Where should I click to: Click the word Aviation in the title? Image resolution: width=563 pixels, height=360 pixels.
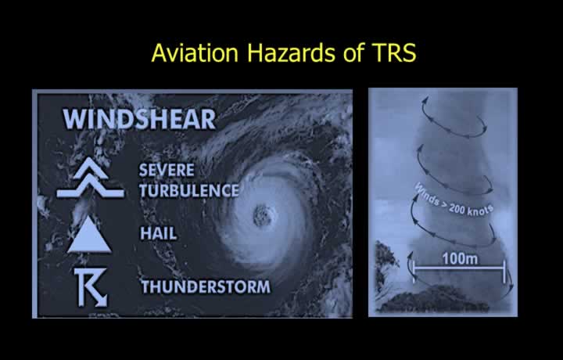tap(195, 52)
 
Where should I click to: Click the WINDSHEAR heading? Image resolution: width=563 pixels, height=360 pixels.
tap(139, 119)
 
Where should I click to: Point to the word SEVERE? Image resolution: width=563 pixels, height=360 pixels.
tap(167, 170)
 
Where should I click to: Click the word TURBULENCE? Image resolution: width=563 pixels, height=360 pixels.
tap(189, 190)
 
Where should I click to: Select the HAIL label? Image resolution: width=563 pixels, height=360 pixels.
tap(158, 233)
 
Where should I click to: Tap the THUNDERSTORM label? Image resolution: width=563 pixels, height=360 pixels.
tap(206, 286)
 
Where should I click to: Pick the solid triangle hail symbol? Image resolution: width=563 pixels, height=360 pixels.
tap(89, 236)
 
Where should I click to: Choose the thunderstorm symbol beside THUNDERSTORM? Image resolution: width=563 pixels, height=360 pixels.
tap(91, 287)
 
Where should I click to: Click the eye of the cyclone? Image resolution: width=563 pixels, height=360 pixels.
tap(263, 215)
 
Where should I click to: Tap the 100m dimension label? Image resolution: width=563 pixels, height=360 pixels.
tap(460, 258)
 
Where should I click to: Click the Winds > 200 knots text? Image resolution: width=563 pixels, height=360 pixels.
tap(454, 201)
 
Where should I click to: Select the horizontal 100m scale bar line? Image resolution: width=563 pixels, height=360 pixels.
tap(459, 268)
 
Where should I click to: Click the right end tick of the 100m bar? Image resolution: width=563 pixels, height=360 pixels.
tap(504, 272)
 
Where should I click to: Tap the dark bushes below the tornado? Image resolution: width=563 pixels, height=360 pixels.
tap(435, 299)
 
